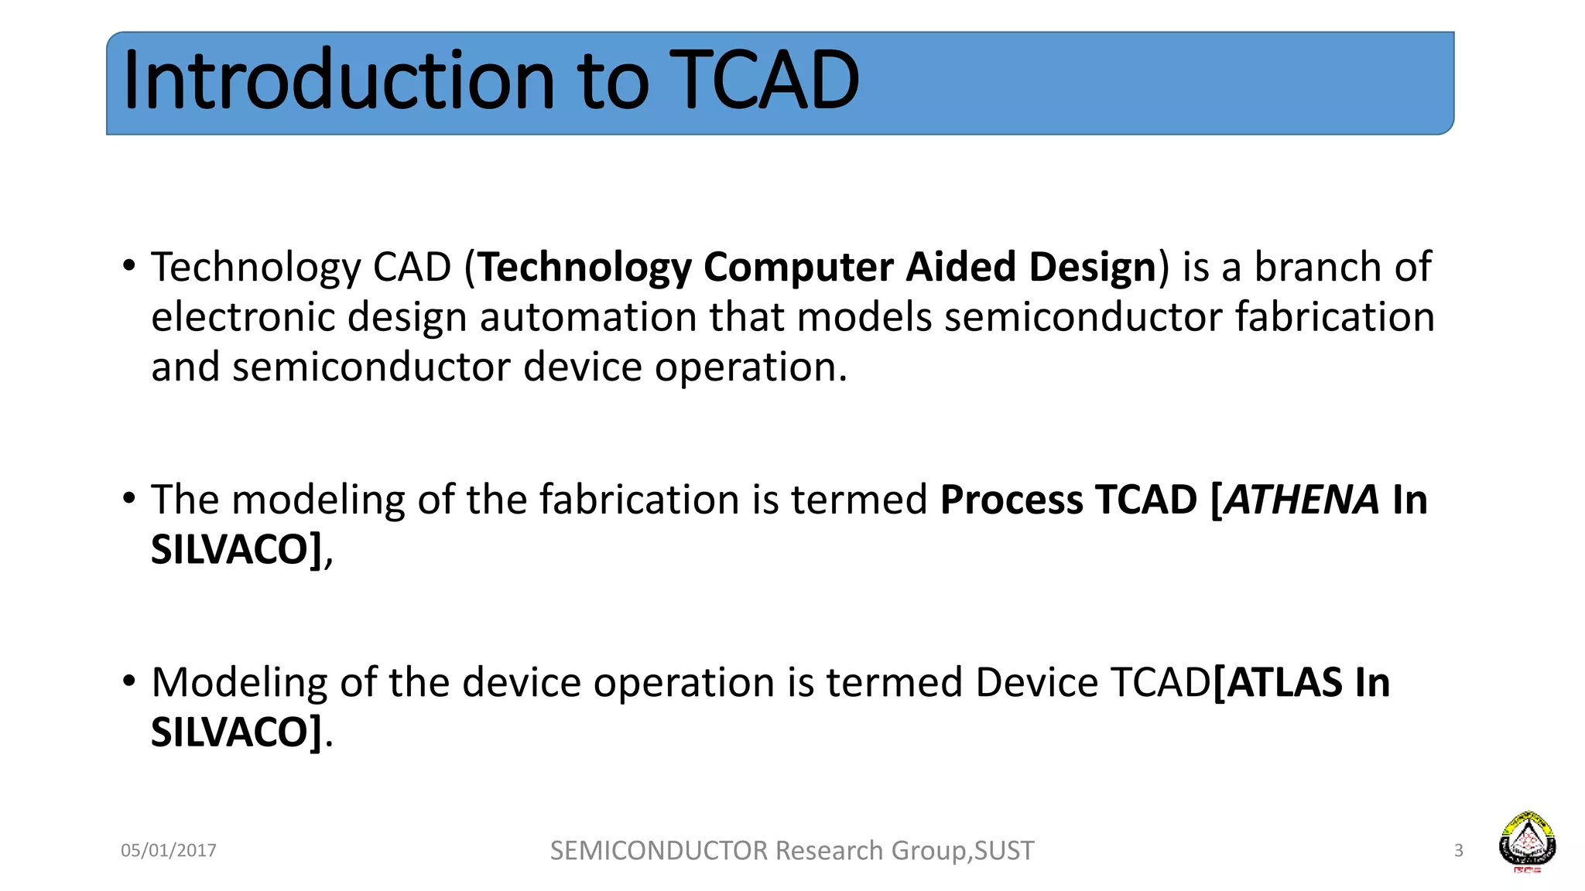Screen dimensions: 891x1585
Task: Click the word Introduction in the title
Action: (338, 80)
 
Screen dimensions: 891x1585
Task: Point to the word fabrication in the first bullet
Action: (1334, 318)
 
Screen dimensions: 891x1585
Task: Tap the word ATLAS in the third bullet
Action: (1285, 683)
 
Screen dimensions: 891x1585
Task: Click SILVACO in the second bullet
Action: (231, 550)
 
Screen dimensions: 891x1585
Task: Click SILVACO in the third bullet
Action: (231, 732)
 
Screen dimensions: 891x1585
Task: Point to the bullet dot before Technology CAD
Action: (129, 266)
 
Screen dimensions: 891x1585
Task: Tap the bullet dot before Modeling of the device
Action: (129, 681)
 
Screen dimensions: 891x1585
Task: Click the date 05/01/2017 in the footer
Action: (169, 851)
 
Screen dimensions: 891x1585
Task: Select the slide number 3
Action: (1458, 851)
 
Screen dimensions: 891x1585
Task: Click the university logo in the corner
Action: (1527, 841)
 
